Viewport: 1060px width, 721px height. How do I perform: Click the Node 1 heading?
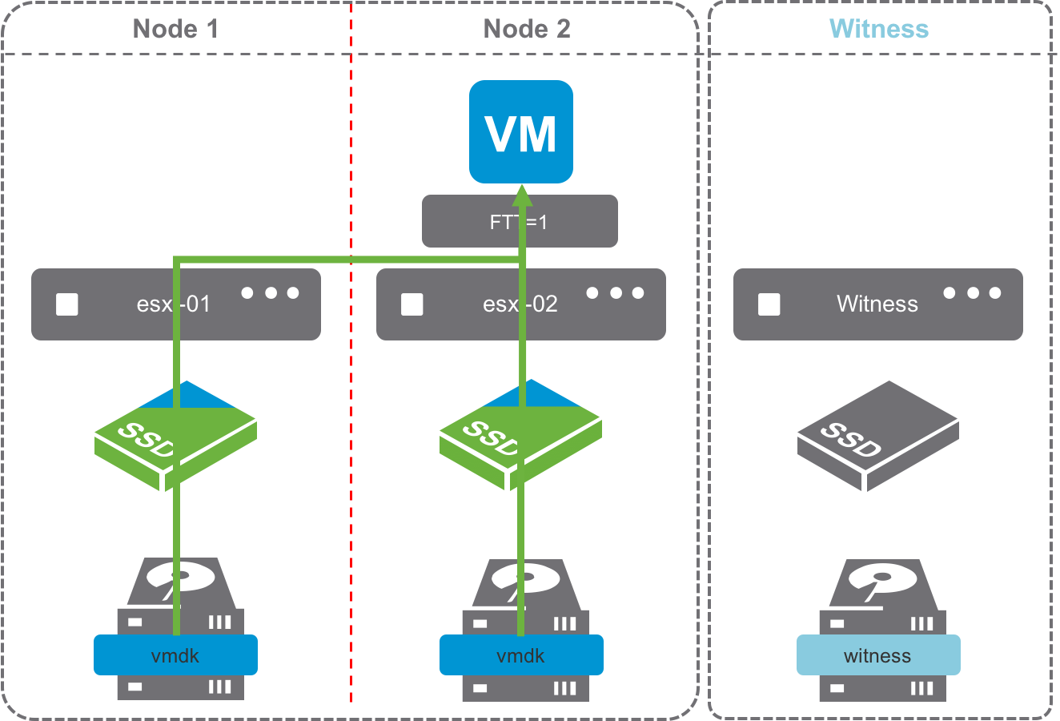click(x=175, y=29)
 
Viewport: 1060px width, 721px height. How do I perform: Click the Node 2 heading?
click(x=527, y=29)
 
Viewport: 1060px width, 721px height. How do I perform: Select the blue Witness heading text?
click(x=879, y=29)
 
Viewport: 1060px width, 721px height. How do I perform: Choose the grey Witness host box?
click(x=877, y=304)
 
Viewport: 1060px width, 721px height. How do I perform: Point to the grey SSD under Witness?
click(x=877, y=437)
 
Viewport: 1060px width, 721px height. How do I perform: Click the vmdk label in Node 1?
click(x=175, y=655)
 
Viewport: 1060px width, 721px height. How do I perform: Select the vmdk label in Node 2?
click(x=521, y=655)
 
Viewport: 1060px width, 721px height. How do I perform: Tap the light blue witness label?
click(x=877, y=655)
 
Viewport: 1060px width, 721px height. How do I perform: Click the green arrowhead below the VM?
click(x=522, y=195)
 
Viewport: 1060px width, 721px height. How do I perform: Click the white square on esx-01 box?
click(x=67, y=304)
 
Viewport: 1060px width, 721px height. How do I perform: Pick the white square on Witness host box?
click(x=769, y=304)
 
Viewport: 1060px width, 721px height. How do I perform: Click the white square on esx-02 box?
click(x=412, y=304)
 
